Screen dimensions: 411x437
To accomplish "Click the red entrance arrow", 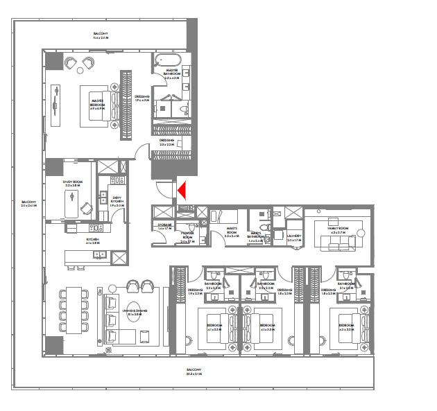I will pyautogui.click(x=182, y=189).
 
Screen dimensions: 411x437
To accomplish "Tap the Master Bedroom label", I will pyautogui.click(x=97, y=104).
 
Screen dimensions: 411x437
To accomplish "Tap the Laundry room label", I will pyautogui.click(x=293, y=238).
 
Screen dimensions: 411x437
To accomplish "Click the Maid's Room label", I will pyautogui.click(x=232, y=234).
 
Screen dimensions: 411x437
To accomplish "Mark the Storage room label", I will pyautogui.click(x=164, y=226).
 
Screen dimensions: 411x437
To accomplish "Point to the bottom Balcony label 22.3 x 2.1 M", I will pyautogui.click(x=194, y=371).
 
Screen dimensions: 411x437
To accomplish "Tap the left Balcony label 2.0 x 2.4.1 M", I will pyautogui.click(x=28, y=204).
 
